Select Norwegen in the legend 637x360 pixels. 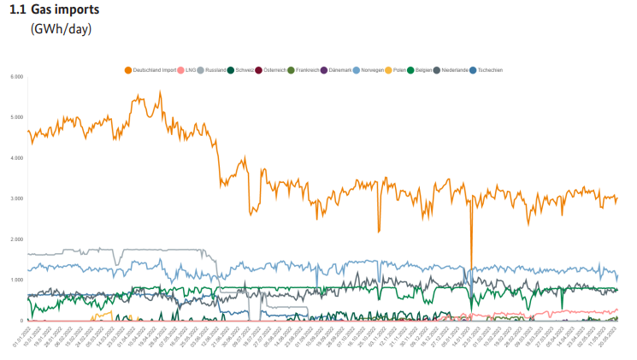click(x=375, y=69)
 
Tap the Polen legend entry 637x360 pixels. click(x=401, y=69)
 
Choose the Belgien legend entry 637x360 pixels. click(x=423, y=69)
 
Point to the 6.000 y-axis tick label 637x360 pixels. click(x=16, y=77)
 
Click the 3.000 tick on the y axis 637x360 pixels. click(x=16, y=198)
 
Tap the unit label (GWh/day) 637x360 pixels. click(x=61, y=29)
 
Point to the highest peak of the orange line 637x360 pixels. click(x=160, y=92)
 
